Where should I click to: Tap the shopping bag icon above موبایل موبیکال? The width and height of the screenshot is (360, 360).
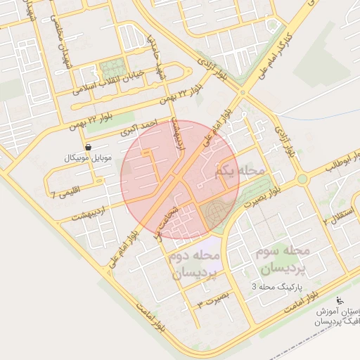(x=88, y=146)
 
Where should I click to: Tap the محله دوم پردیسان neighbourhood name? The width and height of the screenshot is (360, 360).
(x=194, y=264)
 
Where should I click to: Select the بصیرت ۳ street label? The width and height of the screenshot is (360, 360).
(x=214, y=301)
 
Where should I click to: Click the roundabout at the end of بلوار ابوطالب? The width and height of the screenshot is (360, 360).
(x=302, y=179)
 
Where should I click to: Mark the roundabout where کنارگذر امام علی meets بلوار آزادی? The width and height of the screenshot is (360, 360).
(x=243, y=92)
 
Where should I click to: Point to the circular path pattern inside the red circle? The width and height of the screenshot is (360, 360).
(x=214, y=211)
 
